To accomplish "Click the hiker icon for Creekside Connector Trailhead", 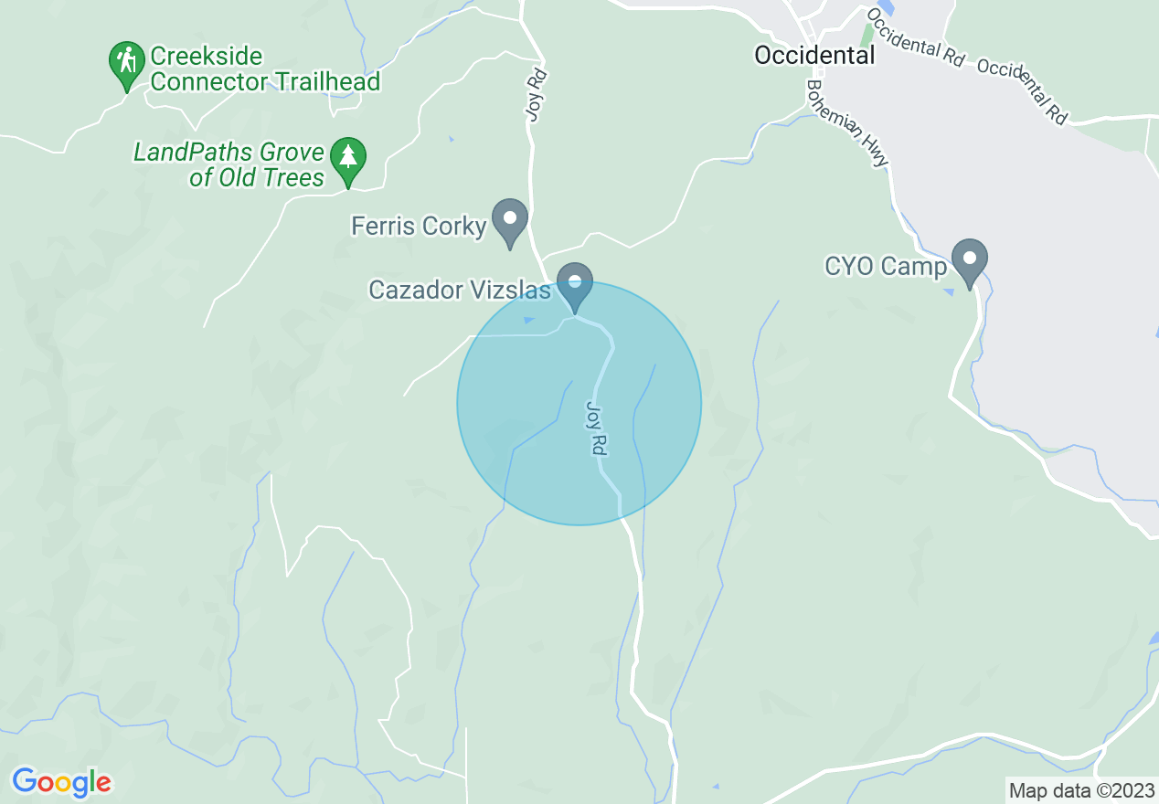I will tap(126, 61).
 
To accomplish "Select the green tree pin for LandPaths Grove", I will tap(347, 158).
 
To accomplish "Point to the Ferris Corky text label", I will tap(419, 226).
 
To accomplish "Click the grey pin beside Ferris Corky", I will tap(510, 220).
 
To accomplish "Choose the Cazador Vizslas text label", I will tap(460, 290).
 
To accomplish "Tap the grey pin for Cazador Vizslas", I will tap(576, 284).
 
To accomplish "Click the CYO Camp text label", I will tap(886, 266).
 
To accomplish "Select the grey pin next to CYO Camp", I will tap(969, 260).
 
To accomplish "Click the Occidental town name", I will tap(813, 55).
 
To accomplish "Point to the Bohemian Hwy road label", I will tap(846, 122).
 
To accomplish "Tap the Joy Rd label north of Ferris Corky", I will tap(536, 94).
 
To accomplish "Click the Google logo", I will tap(61, 782).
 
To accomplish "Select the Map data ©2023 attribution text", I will tap(1080, 790).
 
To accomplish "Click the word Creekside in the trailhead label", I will tap(207, 57).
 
